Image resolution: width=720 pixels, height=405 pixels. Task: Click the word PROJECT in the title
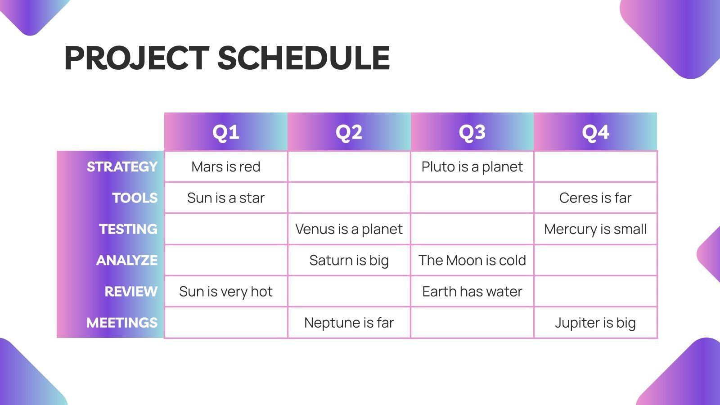(x=137, y=58)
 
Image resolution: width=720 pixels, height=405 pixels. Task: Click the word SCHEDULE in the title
(x=304, y=58)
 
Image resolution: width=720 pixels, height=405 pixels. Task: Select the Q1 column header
(x=225, y=132)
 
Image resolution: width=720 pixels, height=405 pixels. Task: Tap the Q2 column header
(x=349, y=132)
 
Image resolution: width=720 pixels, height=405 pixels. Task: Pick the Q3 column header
(x=472, y=132)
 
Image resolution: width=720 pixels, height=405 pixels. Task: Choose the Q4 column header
(x=595, y=132)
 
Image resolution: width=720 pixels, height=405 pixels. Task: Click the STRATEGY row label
(x=122, y=167)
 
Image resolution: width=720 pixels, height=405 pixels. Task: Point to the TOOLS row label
(x=135, y=198)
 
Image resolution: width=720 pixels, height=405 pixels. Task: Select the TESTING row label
(x=128, y=229)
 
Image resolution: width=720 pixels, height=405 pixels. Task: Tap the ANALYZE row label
(x=127, y=261)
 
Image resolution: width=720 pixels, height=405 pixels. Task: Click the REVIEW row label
(x=131, y=292)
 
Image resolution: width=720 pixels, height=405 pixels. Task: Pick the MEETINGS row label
(x=122, y=323)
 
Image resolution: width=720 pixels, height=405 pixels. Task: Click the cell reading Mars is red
(x=225, y=167)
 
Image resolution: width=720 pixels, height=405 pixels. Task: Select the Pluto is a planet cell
(x=472, y=167)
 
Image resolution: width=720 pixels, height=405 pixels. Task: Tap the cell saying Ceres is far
(x=595, y=198)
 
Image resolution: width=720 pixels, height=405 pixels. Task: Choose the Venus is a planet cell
(x=349, y=229)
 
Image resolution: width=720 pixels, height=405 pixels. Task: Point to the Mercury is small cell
(x=595, y=229)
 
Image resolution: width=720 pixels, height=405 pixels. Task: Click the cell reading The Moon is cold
(x=472, y=261)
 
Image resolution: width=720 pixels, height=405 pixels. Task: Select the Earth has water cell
(x=472, y=292)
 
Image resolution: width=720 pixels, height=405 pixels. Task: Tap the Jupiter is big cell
(x=595, y=323)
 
